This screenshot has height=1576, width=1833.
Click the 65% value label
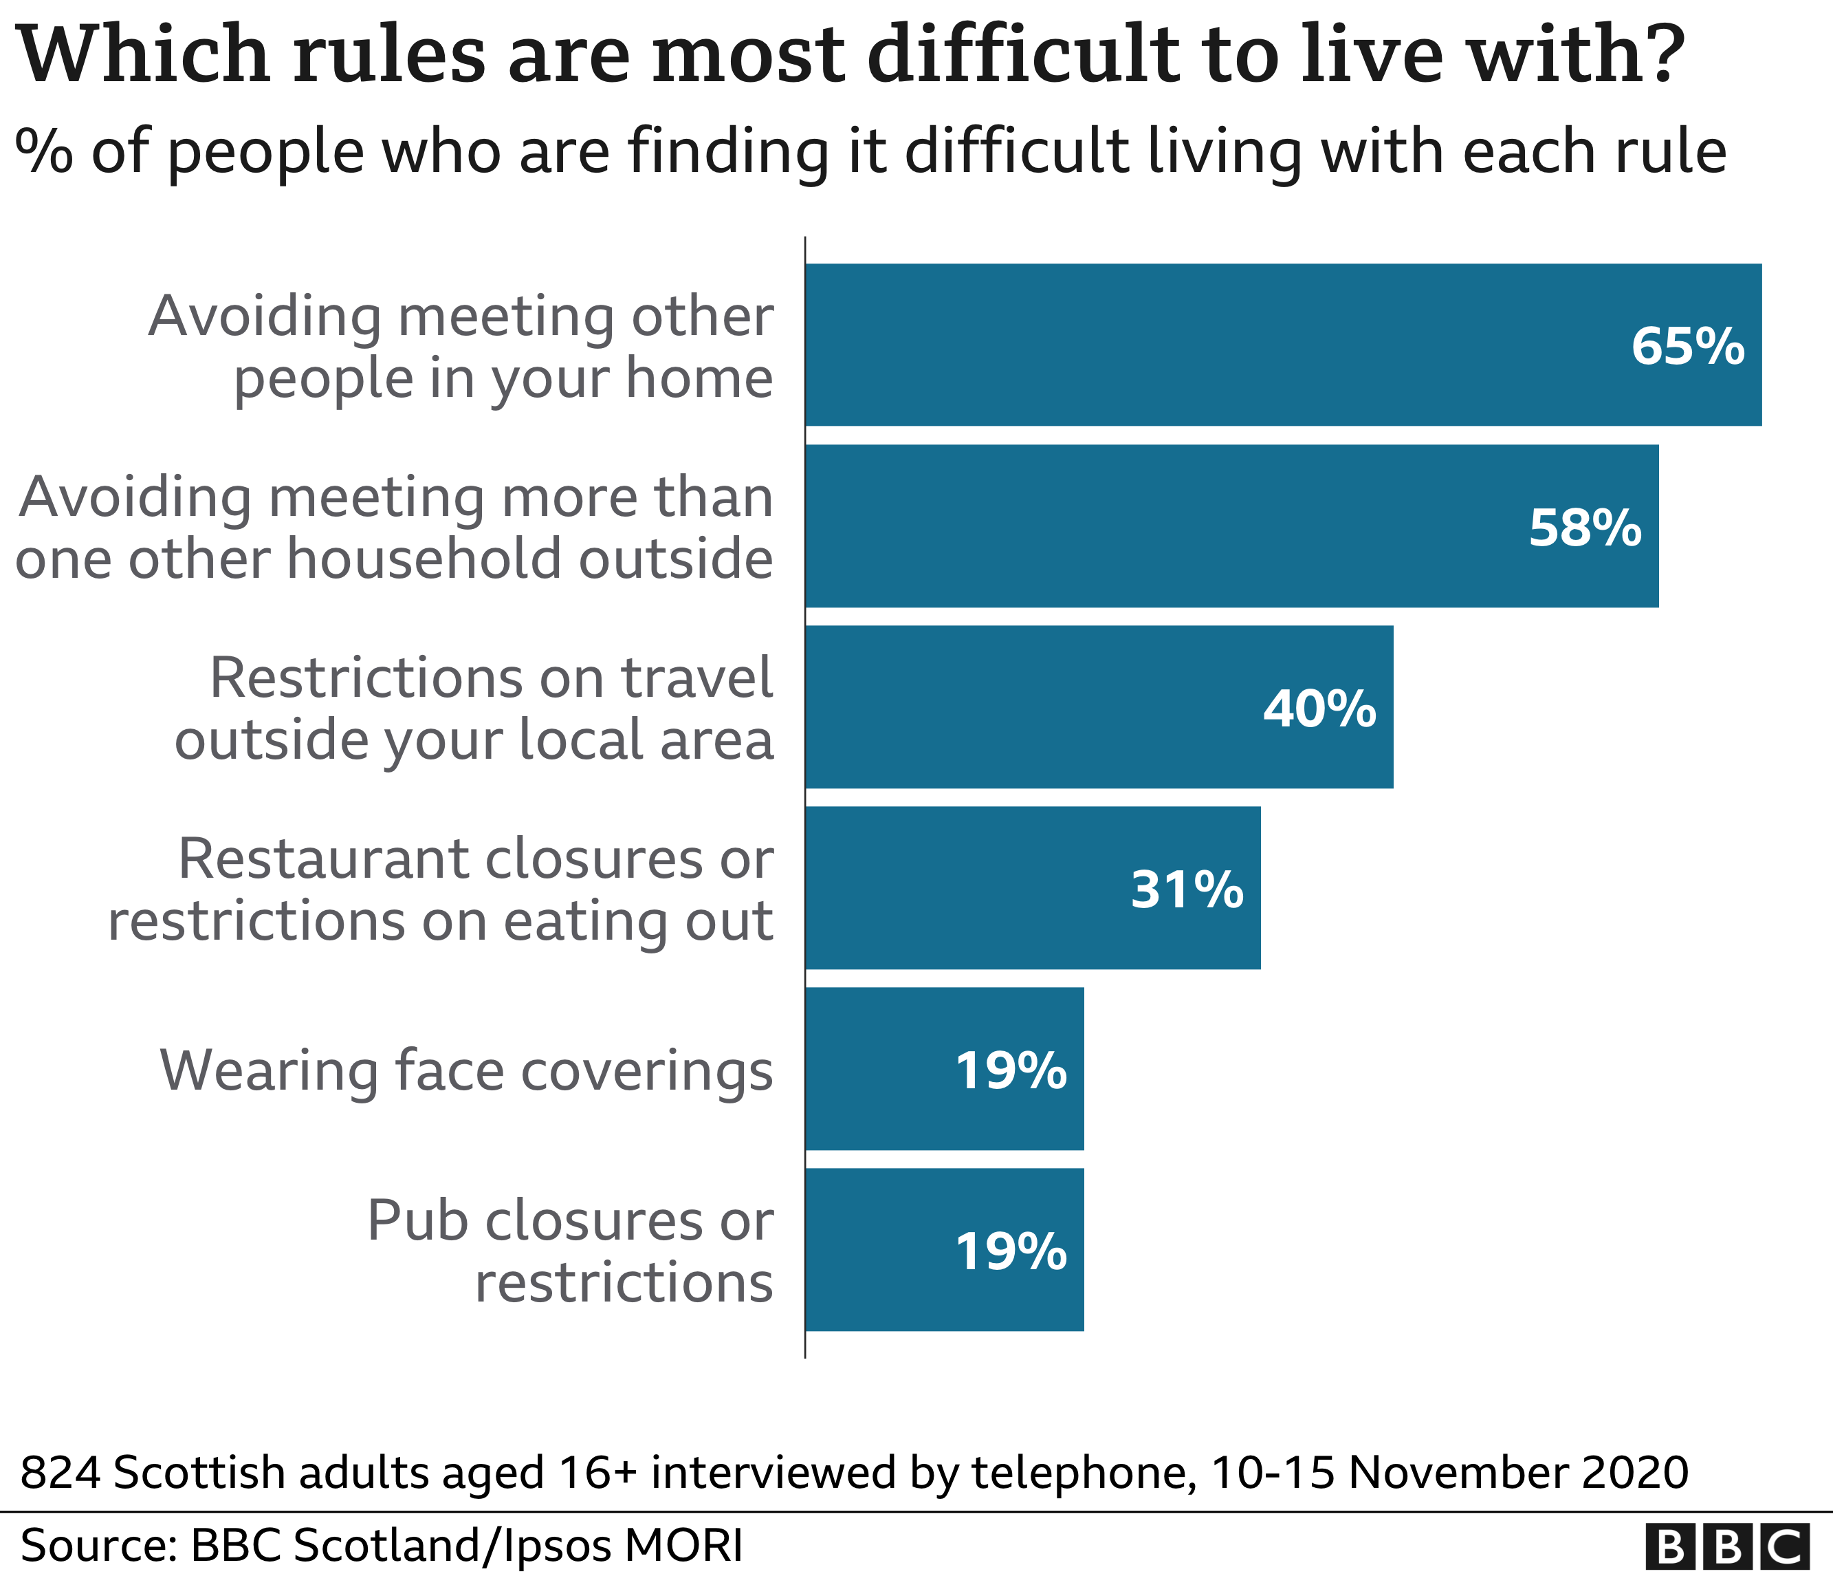coord(1687,346)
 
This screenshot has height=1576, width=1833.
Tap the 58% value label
coord(1584,528)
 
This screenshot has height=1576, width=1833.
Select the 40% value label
coord(1319,709)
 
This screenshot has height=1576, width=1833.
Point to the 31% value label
coord(1186,889)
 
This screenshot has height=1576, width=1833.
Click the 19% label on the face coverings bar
coord(1010,1070)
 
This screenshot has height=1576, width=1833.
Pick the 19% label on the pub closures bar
coord(1010,1252)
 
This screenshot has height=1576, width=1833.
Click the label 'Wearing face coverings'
coord(466,1070)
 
